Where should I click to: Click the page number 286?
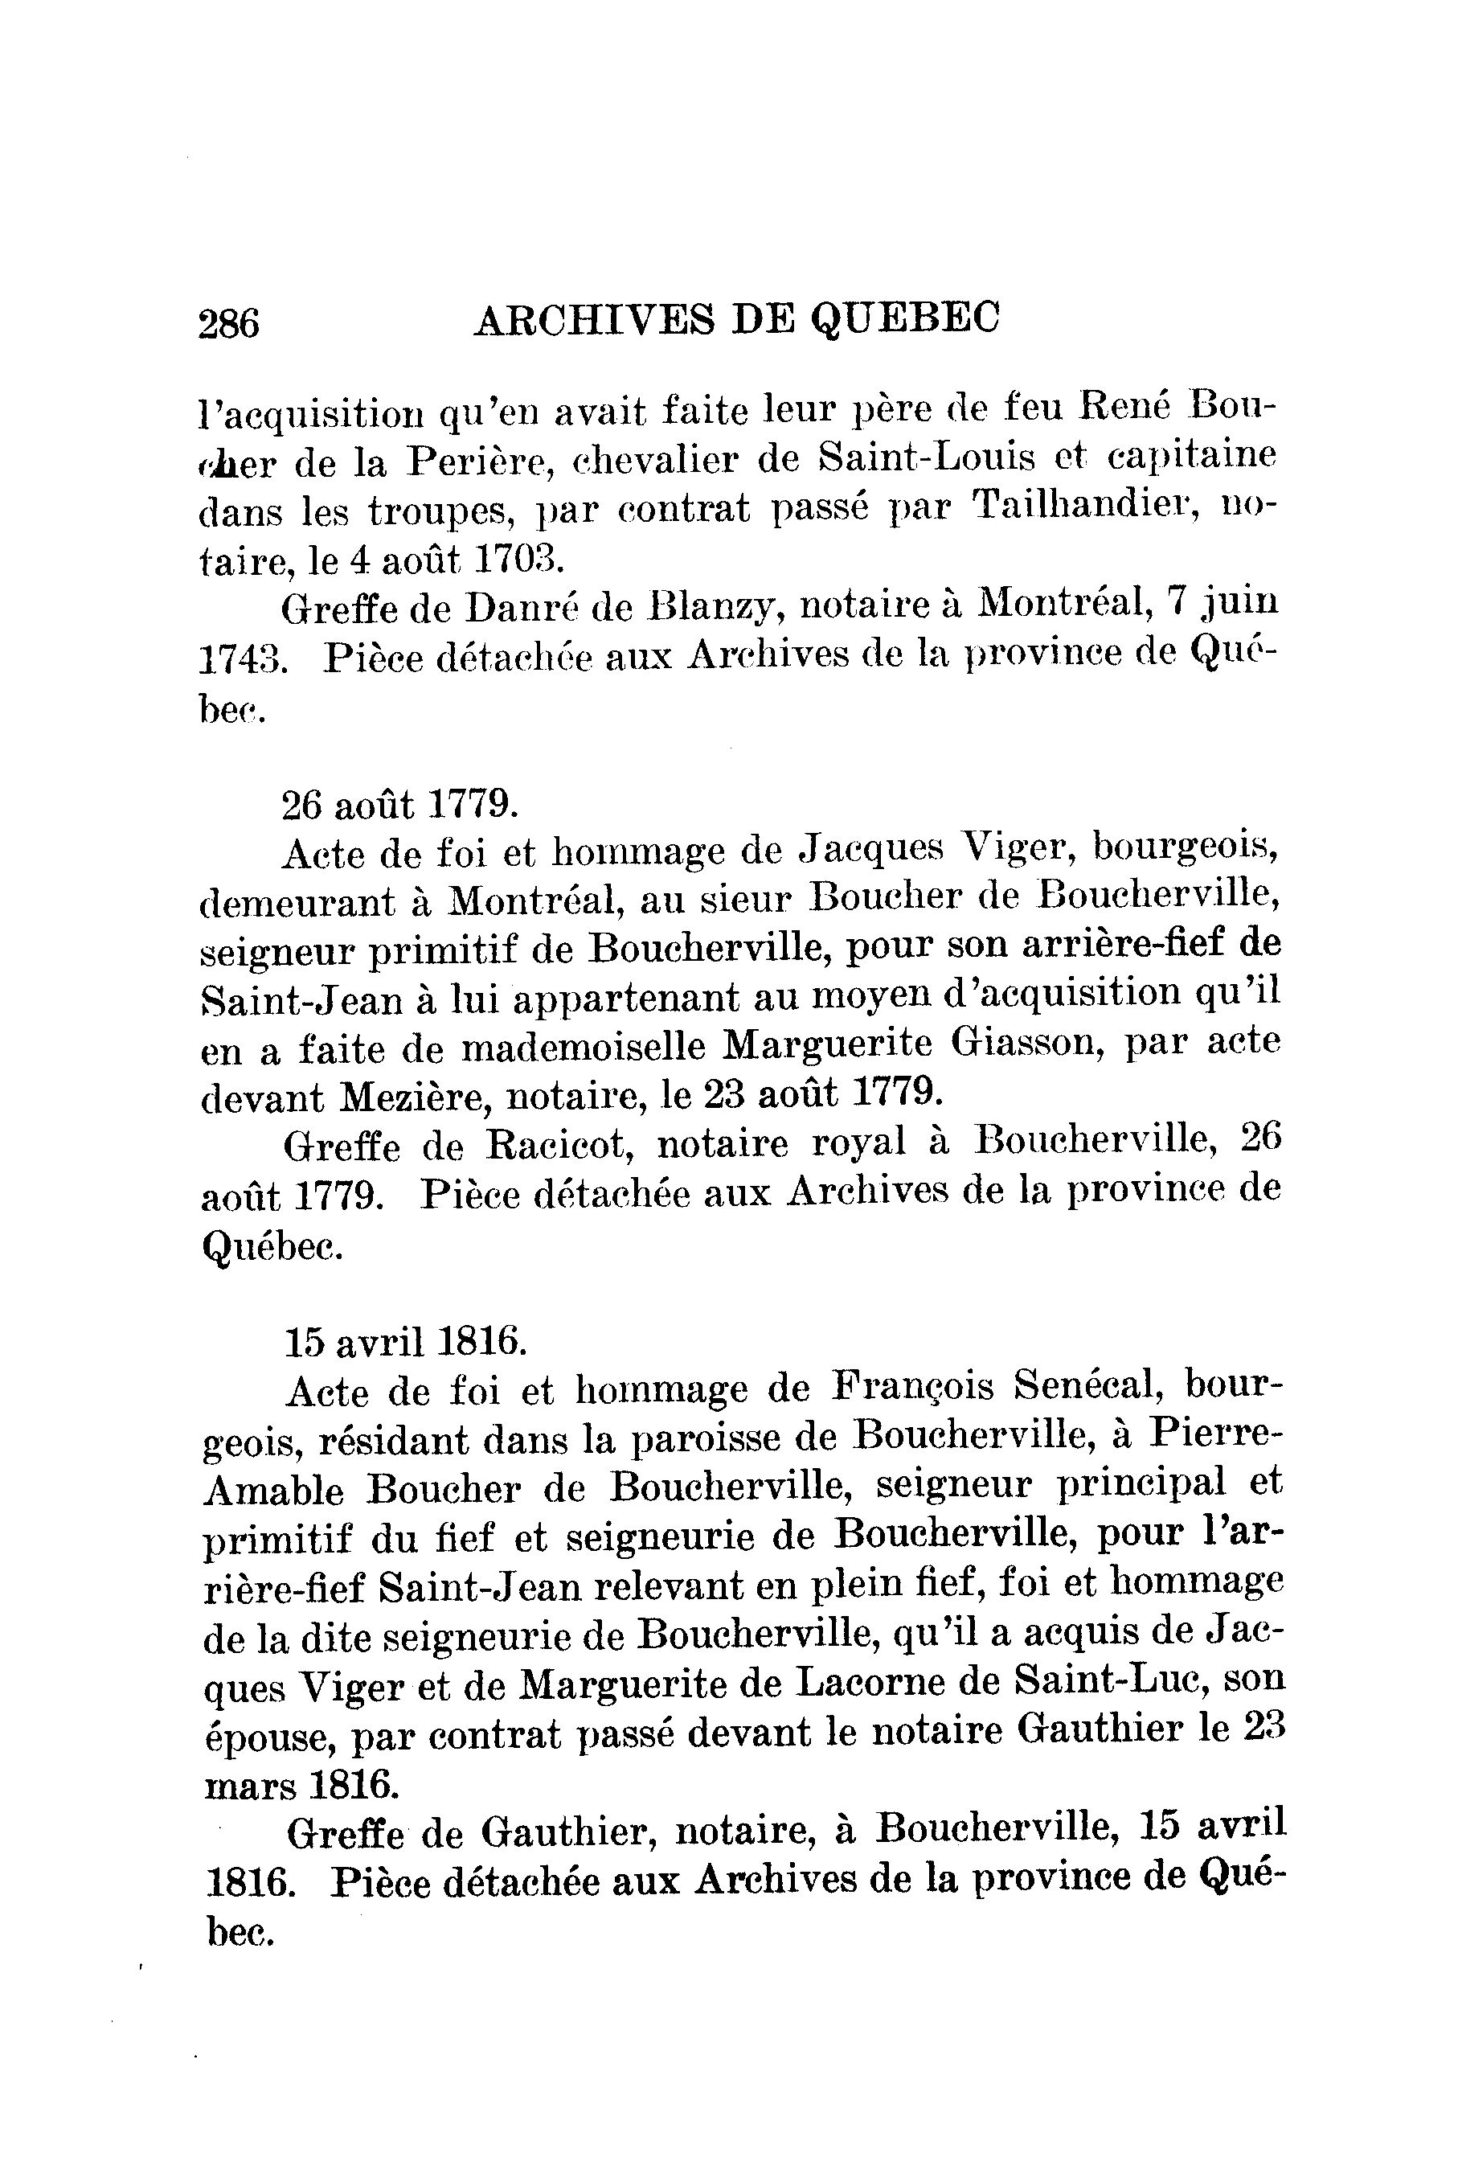[x=229, y=324]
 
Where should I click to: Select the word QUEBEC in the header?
[x=905, y=318]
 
